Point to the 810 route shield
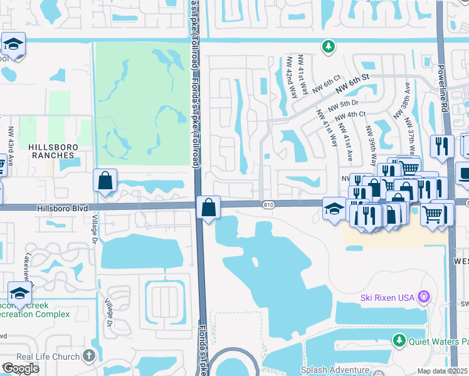tap(268, 205)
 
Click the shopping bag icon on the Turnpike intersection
tap(208, 207)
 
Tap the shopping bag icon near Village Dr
tap(105, 180)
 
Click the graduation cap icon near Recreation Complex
tap(19, 293)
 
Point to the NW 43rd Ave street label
tap(11, 145)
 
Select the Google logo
tap(21, 368)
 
